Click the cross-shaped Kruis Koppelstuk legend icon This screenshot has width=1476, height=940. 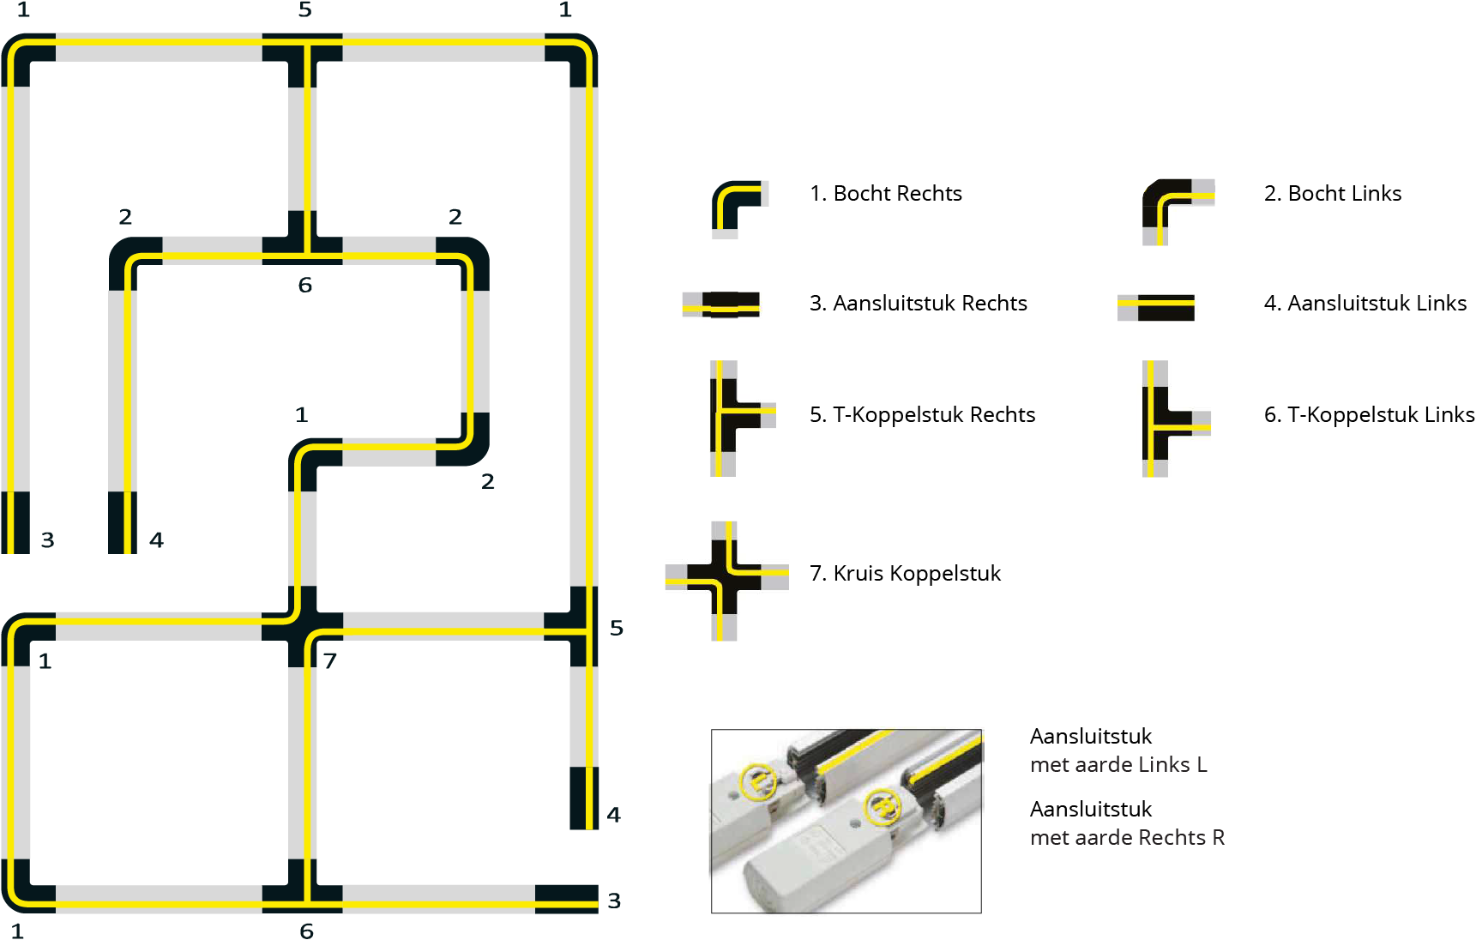[x=725, y=580]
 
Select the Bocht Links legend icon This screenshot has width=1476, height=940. [x=1175, y=209]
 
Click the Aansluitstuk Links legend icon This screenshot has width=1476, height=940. [x=1156, y=306]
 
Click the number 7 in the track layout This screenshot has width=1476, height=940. [x=330, y=660]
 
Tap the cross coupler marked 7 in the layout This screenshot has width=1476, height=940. [x=302, y=626]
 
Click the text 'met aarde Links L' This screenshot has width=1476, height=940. [x=1118, y=764]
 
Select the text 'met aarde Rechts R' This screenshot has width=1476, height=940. [x=1126, y=837]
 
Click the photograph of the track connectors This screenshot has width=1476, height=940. [x=846, y=821]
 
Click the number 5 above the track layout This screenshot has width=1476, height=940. [x=304, y=10]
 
